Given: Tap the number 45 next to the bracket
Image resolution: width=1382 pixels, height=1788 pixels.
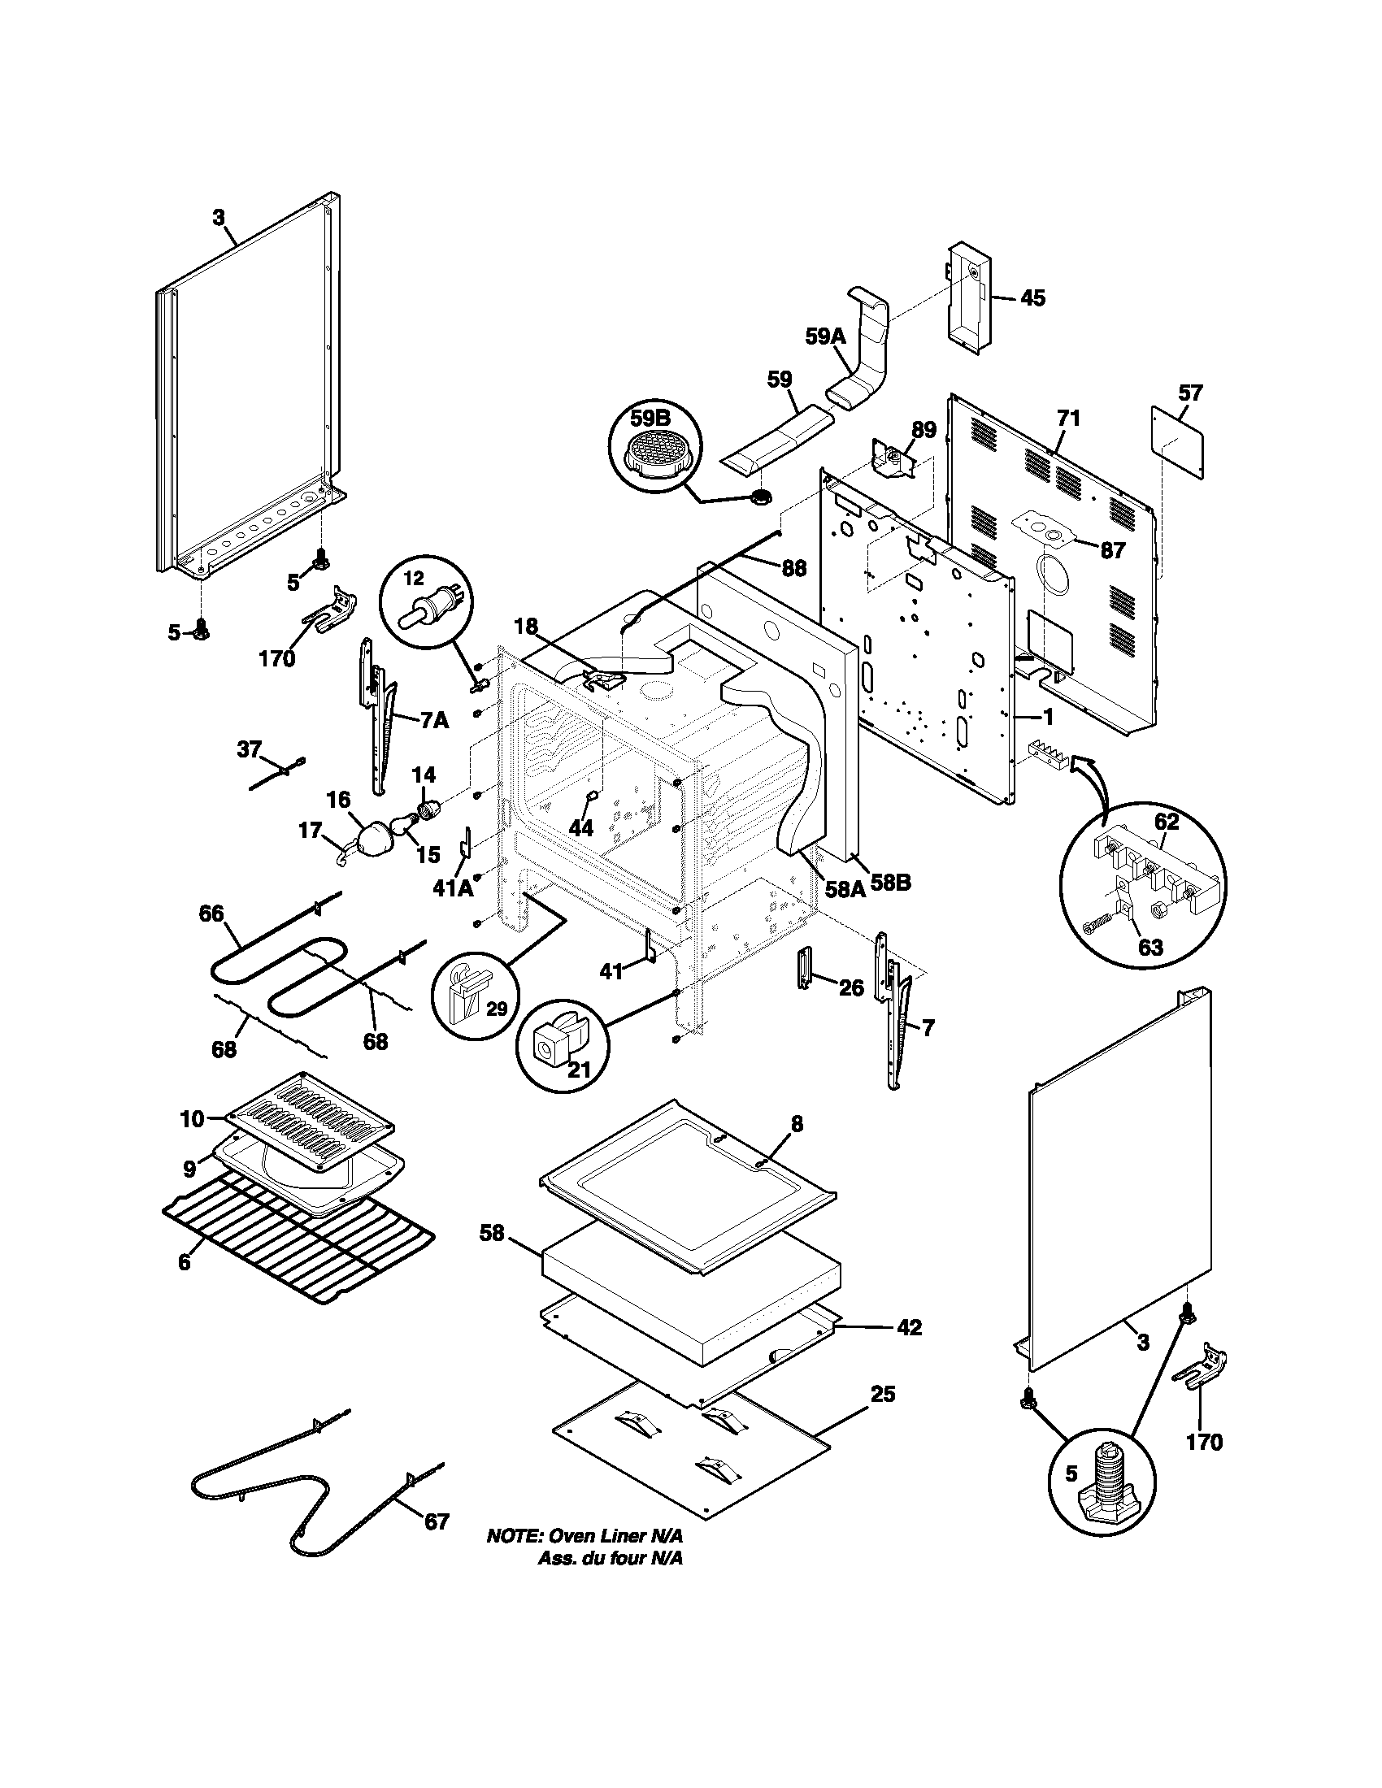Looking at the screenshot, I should pos(1032,298).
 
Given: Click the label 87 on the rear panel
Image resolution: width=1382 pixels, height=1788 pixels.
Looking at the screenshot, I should pos(1112,551).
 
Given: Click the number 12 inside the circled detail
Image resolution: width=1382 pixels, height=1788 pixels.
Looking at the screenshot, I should pos(415,579).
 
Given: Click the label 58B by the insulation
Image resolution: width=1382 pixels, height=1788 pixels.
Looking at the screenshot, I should pos(891,883).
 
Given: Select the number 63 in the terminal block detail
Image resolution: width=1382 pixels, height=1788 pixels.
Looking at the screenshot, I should pos(1150,947).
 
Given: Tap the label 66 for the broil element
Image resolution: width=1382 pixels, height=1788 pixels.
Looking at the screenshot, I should pos(211,914).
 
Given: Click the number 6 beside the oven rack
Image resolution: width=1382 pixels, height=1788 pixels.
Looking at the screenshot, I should pos(185,1262).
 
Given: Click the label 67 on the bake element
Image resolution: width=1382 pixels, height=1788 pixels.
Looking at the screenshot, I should pos(437,1521).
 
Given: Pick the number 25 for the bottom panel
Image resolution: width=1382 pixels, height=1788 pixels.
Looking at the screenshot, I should pos(883,1393).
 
